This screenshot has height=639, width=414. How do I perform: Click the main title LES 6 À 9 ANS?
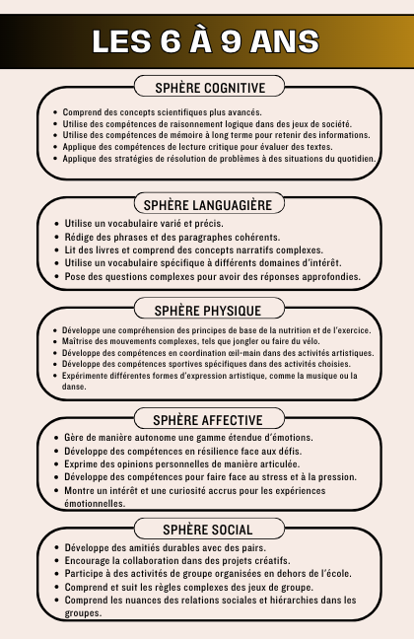(206, 41)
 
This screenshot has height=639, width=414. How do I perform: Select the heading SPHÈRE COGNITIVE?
(207, 88)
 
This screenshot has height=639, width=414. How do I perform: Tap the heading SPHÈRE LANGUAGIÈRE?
(207, 205)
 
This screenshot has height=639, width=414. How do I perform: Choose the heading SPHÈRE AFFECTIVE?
(207, 419)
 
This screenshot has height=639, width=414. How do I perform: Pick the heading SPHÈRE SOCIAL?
(207, 530)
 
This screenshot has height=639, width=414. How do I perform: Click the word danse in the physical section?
(74, 387)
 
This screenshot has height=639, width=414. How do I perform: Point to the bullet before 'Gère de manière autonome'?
(55, 438)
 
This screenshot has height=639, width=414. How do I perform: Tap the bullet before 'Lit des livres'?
(55, 250)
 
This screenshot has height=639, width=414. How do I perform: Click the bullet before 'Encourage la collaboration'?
(55, 560)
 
